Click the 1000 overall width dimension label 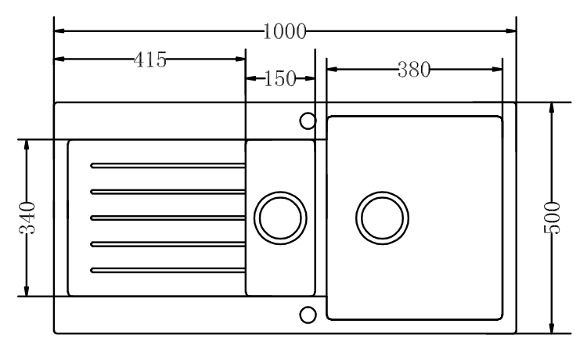click(x=285, y=31)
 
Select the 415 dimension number click(x=150, y=60)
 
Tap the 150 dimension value click(x=280, y=78)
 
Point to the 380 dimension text click(x=414, y=70)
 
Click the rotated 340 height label click(x=27, y=218)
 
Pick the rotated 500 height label click(x=553, y=218)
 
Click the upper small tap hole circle click(x=308, y=121)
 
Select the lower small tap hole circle click(x=308, y=315)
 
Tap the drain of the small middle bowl click(x=280, y=218)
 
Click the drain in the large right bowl click(x=382, y=218)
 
